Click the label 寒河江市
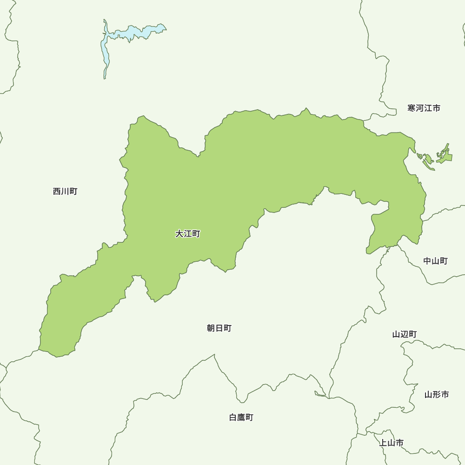coord(424,108)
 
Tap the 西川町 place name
coord(65,191)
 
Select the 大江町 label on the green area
coord(187,234)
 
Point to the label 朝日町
coord(219,328)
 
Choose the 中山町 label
coord(435,261)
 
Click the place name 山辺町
coord(405,334)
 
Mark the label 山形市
coord(437,395)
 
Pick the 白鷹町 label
coord(241,418)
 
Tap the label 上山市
coord(391,443)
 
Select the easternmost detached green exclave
coord(445,155)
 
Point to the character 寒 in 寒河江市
coord(412,108)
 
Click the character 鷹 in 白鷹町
coord(241,418)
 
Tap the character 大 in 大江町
coord(179,234)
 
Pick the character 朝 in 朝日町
coord(211,328)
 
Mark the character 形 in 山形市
coord(437,395)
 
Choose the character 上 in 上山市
coord(383,443)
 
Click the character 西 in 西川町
coord(57,191)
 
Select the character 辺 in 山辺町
coord(405,334)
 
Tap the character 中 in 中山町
coord(427,261)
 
